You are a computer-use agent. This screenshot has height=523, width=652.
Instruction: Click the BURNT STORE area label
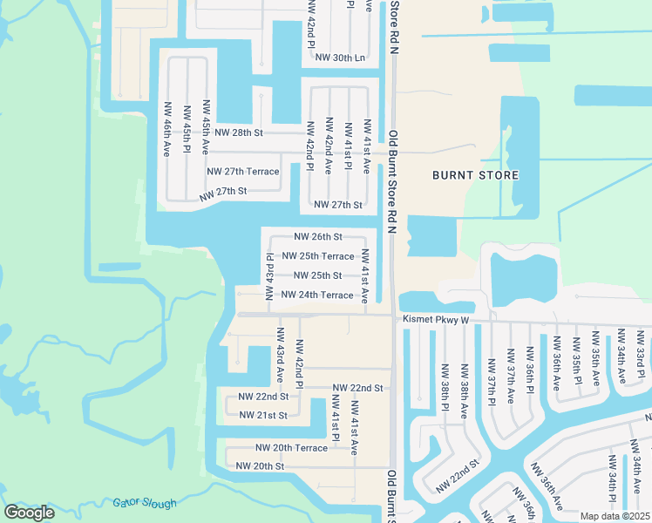(476, 175)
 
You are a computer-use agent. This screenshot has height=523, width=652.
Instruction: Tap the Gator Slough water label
(144, 503)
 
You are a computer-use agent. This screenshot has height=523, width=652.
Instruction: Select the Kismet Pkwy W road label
(436, 320)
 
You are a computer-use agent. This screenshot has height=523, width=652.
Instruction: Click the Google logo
(30, 513)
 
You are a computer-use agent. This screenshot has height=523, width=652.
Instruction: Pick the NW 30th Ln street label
(340, 58)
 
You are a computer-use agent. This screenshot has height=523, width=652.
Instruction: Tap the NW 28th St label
(239, 132)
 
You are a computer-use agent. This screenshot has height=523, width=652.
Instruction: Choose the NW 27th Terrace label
(243, 172)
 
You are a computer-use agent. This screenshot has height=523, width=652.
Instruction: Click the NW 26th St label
(318, 236)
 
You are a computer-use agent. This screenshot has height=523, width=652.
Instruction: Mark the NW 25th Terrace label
(318, 256)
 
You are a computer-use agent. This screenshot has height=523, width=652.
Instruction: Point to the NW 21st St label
(263, 415)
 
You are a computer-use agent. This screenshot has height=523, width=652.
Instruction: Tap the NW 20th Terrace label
(291, 448)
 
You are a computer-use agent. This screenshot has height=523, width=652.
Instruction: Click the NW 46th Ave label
(166, 128)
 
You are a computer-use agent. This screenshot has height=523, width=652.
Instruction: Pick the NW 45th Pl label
(187, 129)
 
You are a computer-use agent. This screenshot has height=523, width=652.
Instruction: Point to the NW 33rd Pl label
(642, 353)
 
